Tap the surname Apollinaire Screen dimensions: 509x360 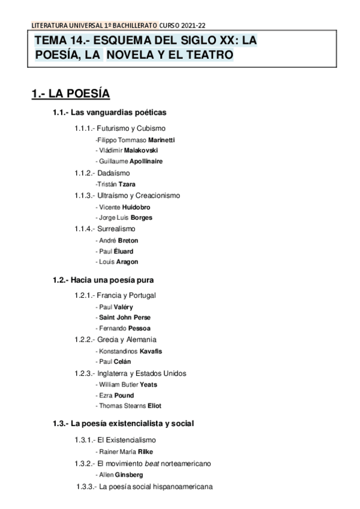[x=145, y=161]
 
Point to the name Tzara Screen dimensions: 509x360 [x=128, y=184]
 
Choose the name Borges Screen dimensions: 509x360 [x=142, y=217]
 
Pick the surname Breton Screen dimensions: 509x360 [x=128, y=240]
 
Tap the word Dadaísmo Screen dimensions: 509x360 [x=113, y=173]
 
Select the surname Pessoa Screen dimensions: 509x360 [x=139, y=328]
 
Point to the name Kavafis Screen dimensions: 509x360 [x=151, y=351]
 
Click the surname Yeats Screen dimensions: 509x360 [x=148, y=384]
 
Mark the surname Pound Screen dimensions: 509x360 [x=124, y=396]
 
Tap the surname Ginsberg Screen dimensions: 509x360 [x=129, y=474]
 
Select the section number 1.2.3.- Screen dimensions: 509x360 [x=84, y=373]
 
